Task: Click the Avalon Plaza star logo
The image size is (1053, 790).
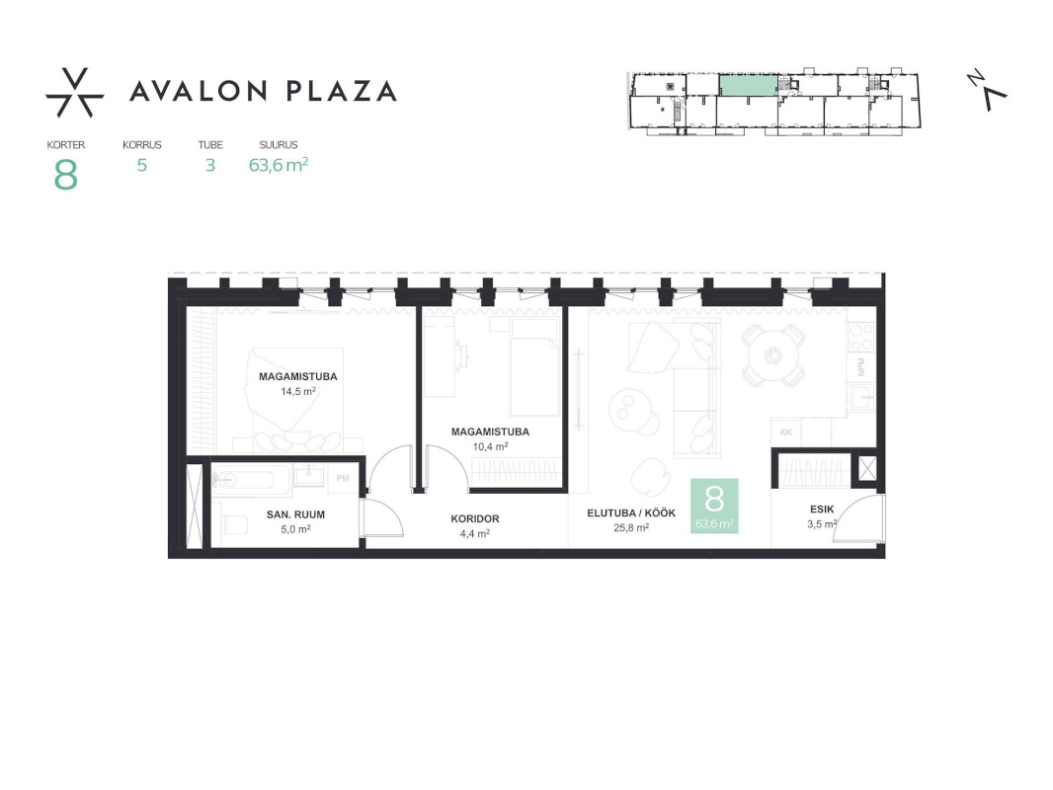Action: point(74,93)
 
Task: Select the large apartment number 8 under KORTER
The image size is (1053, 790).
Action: point(66,175)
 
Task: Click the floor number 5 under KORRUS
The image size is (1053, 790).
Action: point(141,165)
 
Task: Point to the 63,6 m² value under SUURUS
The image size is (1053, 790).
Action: point(278,165)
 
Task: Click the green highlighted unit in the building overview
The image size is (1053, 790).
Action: point(749,85)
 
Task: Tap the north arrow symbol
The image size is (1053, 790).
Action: point(987,90)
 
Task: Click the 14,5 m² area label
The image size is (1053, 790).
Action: point(298,391)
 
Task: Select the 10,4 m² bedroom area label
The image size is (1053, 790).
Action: point(490,446)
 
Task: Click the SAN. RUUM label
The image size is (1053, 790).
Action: point(295,514)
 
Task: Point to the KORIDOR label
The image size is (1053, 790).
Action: point(475,518)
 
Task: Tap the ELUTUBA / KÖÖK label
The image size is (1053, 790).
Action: point(631,513)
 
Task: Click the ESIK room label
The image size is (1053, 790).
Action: point(822,510)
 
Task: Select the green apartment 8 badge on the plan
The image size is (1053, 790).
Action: point(714,506)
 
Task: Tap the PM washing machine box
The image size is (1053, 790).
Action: point(343,479)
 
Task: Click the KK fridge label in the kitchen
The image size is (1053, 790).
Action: point(786,433)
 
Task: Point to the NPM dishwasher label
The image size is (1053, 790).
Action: point(861,367)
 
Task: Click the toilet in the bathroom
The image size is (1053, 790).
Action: point(232,522)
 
